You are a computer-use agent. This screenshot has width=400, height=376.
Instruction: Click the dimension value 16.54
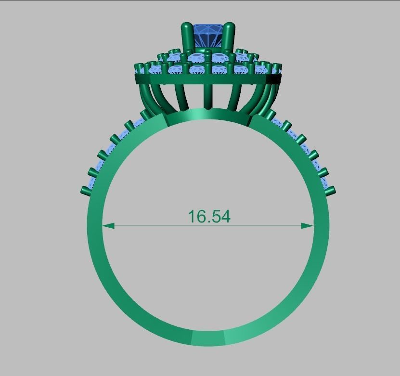click(209, 217)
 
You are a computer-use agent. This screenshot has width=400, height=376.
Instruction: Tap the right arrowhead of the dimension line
click(308, 225)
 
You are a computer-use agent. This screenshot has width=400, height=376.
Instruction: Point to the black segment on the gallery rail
click(273, 79)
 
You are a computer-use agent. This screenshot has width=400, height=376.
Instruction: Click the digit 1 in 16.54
click(192, 217)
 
